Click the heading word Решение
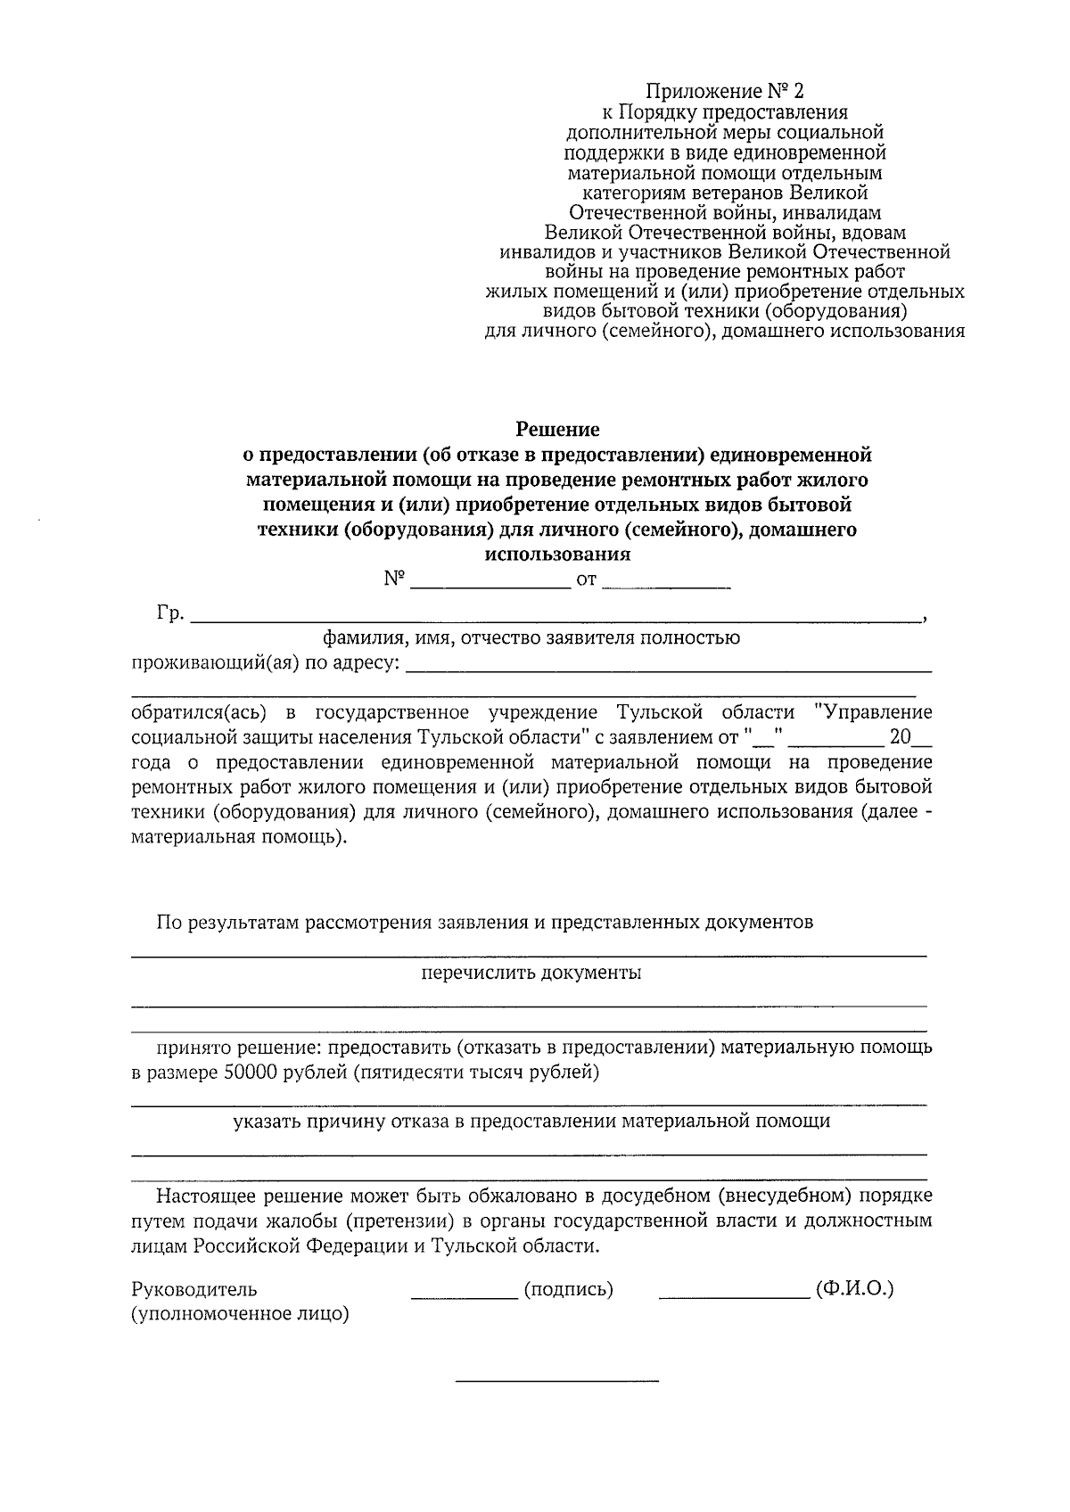(x=557, y=430)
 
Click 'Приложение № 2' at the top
(x=725, y=92)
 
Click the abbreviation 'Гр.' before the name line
(x=170, y=613)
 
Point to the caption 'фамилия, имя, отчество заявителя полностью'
(x=531, y=638)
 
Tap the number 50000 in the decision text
(x=251, y=1072)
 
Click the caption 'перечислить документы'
(x=531, y=973)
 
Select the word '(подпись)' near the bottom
(x=569, y=1289)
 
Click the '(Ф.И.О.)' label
(x=854, y=1289)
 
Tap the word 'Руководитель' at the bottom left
(x=193, y=1289)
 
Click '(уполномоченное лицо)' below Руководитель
(x=240, y=1314)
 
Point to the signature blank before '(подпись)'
(x=465, y=1294)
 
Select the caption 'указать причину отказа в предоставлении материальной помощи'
(x=531, y=1122)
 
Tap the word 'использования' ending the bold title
(x=557, y=555)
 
